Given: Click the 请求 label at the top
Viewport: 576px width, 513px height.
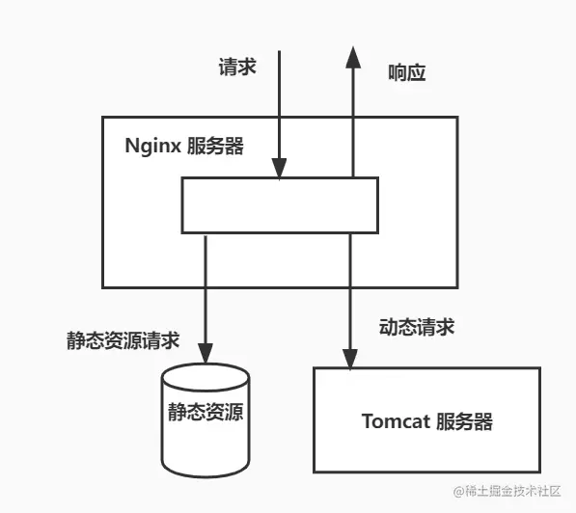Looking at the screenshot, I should pos(236,68).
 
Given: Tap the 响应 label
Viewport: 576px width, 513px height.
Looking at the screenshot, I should pos(405,72).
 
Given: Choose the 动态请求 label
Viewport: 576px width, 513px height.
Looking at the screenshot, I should pos(417,328).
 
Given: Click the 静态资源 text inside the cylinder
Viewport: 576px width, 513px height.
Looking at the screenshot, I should pos(205,414).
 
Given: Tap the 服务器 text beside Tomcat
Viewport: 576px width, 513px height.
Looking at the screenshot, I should pos(465,421).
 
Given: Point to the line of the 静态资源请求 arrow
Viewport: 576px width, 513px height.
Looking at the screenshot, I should pos(205,289).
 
